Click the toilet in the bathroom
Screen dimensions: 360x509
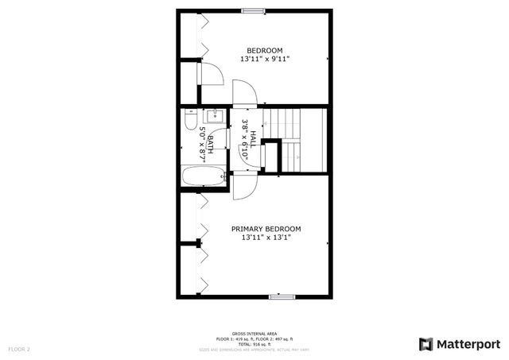tap(189, 121)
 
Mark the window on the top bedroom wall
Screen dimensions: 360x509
tap(254, 10)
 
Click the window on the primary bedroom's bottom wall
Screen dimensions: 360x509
tap(282, 297)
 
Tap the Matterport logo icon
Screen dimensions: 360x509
tap(425, 343)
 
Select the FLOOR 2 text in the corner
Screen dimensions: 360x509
tap(19, 349)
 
